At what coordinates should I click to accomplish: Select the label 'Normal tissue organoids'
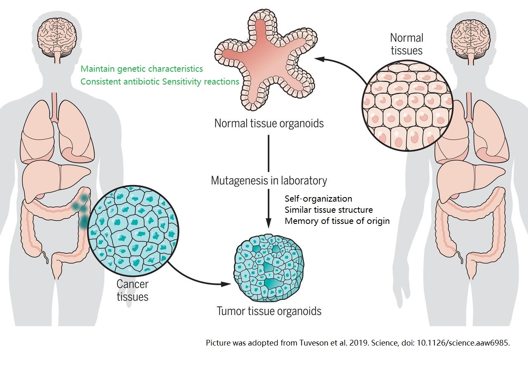pyautogui.click(x=269, y=123)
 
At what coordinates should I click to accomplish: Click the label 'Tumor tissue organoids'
pyautogui.click(x=269, y=311)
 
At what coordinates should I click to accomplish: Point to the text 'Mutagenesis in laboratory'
pyautogui.click(x=269, y=181)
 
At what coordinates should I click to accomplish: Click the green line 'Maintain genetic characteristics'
pyautogui.click(x=141, y=68)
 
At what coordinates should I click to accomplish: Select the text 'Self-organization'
pyautogui.click(x=318, y=199)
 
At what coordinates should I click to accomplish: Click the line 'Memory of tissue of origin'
pyautogui.click(x=337, y=221)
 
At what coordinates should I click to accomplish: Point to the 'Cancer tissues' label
pyautogui.click(x=132, y=290)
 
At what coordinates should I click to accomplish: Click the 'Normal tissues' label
pyautogui.click(x=406, y=44)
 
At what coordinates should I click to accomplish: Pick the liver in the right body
pyautogui.click(x=466, y=177)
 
